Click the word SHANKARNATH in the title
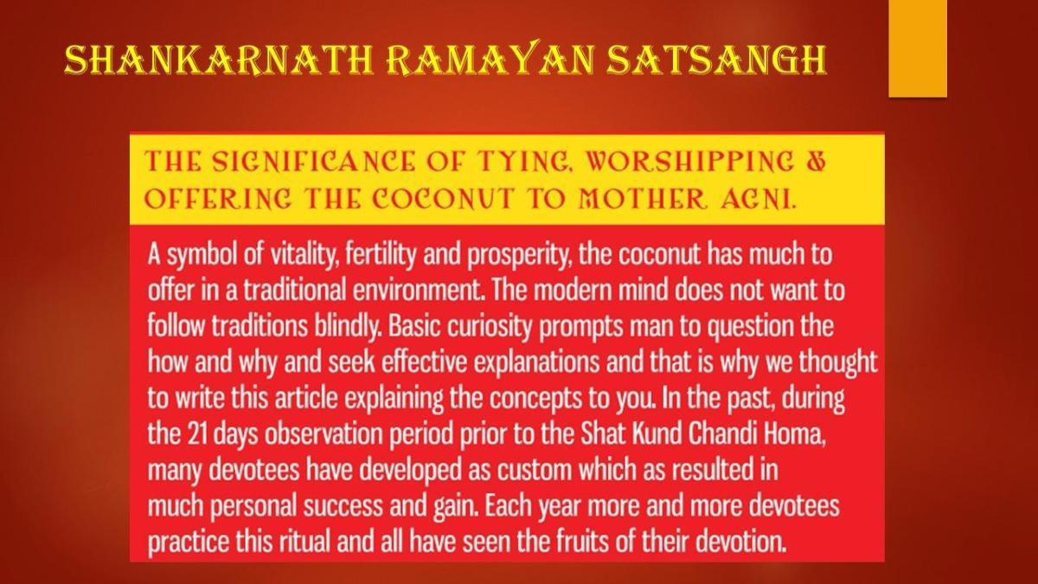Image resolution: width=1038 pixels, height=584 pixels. click(x=219, y=61)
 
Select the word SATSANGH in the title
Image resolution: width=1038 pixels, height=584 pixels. click(x=716, y=61)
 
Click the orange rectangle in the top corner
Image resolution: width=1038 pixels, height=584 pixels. click(x=918, y=48)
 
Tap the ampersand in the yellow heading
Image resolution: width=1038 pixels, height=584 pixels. click(x=816, y=162)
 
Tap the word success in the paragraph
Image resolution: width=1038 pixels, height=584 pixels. click(x=343, y=505)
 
